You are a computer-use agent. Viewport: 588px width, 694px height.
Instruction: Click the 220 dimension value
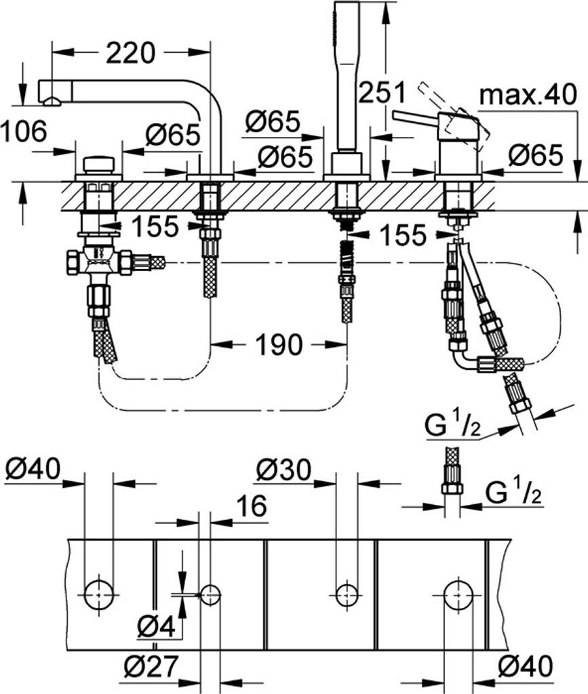click(131, 53)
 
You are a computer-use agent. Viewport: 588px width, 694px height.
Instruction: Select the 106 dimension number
click(24, 131)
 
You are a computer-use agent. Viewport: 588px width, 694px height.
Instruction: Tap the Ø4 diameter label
click(156, 626)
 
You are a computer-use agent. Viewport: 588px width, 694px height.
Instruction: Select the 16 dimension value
click(252, 506)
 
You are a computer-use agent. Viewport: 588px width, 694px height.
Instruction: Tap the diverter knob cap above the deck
click(99, 165)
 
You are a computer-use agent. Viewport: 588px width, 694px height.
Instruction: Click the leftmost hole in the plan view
click(98, 593)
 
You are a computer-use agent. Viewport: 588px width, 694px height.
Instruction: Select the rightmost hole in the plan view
click(460, 593)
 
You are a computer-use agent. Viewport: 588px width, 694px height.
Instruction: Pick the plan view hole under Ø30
click(347, 593)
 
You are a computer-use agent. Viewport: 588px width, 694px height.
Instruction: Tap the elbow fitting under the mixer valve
click(465, 354)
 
